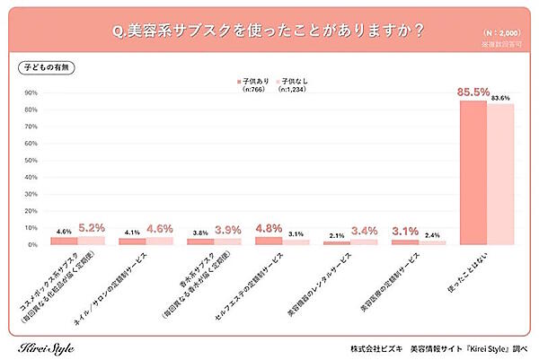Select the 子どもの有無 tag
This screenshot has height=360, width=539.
coord(40,68)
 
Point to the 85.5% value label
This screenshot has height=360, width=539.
coord(473,92)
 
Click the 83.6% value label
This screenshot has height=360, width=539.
coord(500,97)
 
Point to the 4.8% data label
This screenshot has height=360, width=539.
coord(269,229)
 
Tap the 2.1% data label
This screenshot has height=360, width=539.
coord(337,234)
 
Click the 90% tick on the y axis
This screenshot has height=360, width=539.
coord(31,92)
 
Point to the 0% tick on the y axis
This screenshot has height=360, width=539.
coord(32,244)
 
